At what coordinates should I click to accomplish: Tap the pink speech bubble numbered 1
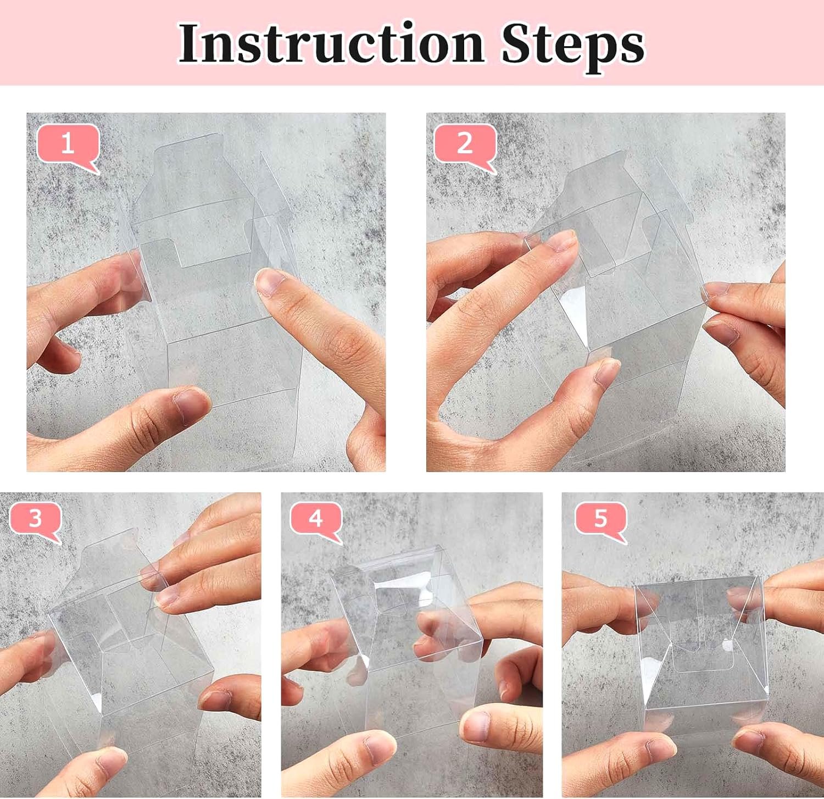tap(67, 144)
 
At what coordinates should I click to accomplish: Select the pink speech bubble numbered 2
tap(465, 144)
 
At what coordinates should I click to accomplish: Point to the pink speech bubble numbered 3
tap(35, 518)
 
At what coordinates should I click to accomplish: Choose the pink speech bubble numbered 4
tap(315, 518)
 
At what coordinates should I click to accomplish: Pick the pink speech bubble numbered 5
tap(600, 518)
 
